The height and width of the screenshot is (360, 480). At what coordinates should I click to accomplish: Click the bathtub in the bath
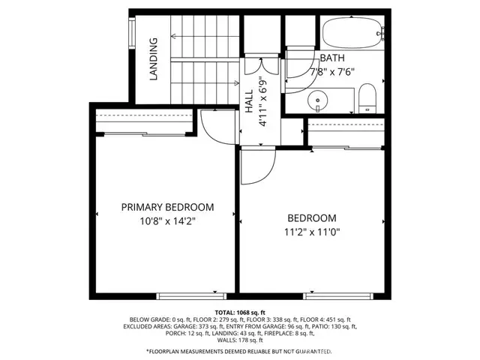tap(352, 33)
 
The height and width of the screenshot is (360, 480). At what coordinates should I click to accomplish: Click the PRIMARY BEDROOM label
tap(168, 207)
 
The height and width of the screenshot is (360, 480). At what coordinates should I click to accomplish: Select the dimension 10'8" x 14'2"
tap(168, 221)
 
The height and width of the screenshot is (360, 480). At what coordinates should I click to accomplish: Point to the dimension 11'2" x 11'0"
tap(312, 232)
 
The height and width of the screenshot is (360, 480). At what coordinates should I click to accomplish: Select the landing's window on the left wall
tap(132, 33)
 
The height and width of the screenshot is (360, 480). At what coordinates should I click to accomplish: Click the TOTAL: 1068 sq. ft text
tap(240, 311)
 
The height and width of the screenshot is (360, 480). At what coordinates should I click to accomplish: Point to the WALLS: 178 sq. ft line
tap(240, 340)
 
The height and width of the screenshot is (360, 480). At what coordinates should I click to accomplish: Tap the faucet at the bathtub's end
tap(380, 33)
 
